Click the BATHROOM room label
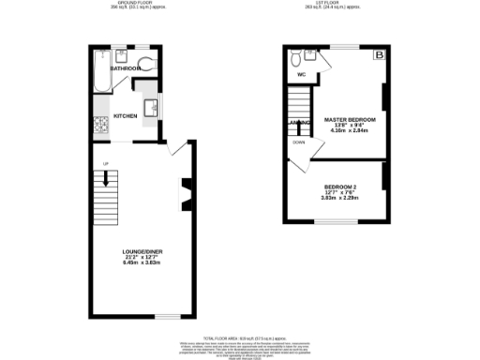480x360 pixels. click(x=126, y=68)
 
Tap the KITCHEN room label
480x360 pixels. click(x=126, y=116)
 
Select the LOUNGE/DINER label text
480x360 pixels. click(x=142, y=253)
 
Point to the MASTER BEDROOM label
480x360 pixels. click(x=349, y=121)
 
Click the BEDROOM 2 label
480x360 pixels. click(x=340, y=187)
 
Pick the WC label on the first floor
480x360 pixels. click(x=302, y=74)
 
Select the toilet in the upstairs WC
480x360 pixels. click(x=297, y=54)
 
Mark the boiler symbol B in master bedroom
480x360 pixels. click(x=378, y=55)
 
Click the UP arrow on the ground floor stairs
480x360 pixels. click(x=105, y=185)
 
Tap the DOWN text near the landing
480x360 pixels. click(x=298, y=142)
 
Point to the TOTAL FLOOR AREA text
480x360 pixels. click(x=241, y=335)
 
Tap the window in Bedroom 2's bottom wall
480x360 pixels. click(x=338, y=222)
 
